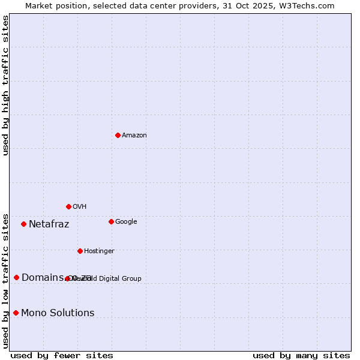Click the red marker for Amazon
point(118,135)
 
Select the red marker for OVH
point(68,206)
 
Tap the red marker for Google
point(111,221)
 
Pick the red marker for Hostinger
point(80,251)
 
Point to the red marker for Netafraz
point(23,224)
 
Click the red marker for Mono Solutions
point(16,313)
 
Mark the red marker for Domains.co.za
point(16,277)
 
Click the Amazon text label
point(134,136)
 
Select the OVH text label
point(80,207)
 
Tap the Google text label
point(126,222)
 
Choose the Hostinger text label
point(99,251)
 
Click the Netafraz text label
point(49,224)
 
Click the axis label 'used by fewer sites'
point(62,355)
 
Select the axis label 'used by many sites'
point(301,355)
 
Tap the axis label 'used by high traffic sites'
point(5,85)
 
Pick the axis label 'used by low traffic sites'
point(5,281)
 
